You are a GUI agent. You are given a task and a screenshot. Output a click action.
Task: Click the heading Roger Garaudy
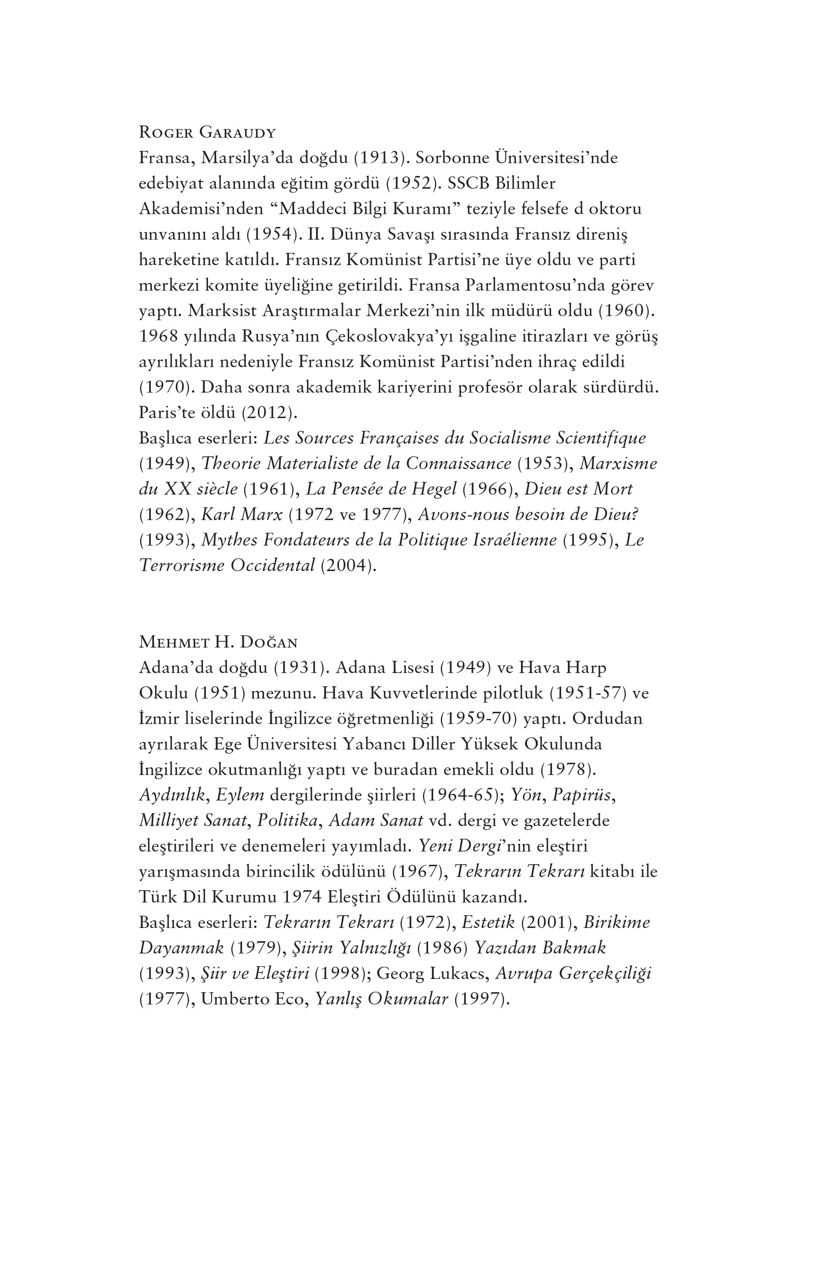[207, 132]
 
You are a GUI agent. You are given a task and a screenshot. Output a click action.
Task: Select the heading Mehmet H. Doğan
[218, 642]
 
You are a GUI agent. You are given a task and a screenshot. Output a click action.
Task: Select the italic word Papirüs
[583, 795]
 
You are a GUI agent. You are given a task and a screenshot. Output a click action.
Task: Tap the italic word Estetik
[488, 922]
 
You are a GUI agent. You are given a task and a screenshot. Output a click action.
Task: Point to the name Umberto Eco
[255, 999]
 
